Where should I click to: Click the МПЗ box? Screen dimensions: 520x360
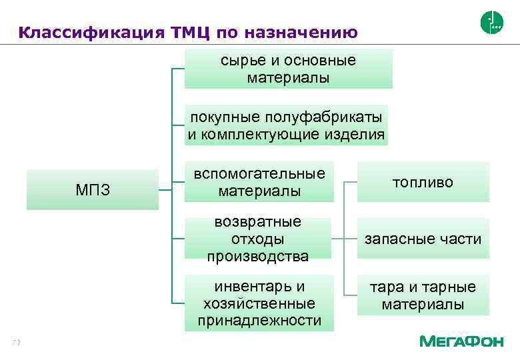click(x=93, y=190)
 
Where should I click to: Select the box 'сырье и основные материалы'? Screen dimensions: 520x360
click(x=288, y=69)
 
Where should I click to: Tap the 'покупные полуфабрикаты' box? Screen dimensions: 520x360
click(x=286, y=125)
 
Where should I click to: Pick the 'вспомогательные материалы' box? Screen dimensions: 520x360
click(x=259, y=182)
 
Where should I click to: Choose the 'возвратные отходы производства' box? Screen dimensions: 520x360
click(x=257, y=239)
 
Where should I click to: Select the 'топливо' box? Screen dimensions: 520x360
click(x=423, y=182)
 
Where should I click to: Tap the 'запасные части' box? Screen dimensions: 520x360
click(x=423, y=239)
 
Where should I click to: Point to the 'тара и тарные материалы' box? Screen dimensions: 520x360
click(x=423, y=295)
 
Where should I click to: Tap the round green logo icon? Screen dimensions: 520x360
click(x=491, y=23)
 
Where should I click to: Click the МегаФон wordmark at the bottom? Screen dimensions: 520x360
click(x=461, y=341)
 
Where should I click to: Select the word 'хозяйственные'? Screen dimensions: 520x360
click(x=259, y=303)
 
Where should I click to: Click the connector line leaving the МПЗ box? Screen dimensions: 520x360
click(x=165, y=190)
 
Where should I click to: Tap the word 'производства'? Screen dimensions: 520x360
click(x=257, y=256)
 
